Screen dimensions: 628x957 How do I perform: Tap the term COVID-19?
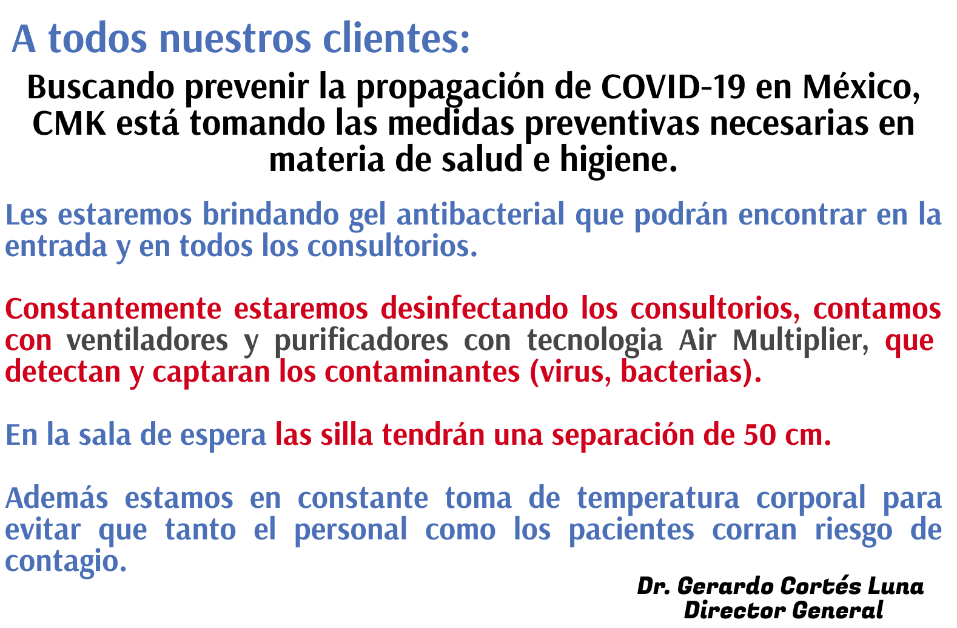coord(673,87)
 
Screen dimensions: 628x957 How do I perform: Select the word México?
coord(861,87)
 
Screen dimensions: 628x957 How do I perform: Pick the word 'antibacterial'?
coord(480,214)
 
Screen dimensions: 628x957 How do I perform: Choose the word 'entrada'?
coord(56,246)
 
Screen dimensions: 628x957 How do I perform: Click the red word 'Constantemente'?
coord(113,309)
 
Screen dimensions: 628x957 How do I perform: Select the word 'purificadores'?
coord(361,340)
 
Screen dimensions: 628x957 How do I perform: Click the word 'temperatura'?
coord(658,499)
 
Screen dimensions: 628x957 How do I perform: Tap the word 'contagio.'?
coord(65,561)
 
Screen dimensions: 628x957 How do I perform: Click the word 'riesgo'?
coord(853,530)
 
